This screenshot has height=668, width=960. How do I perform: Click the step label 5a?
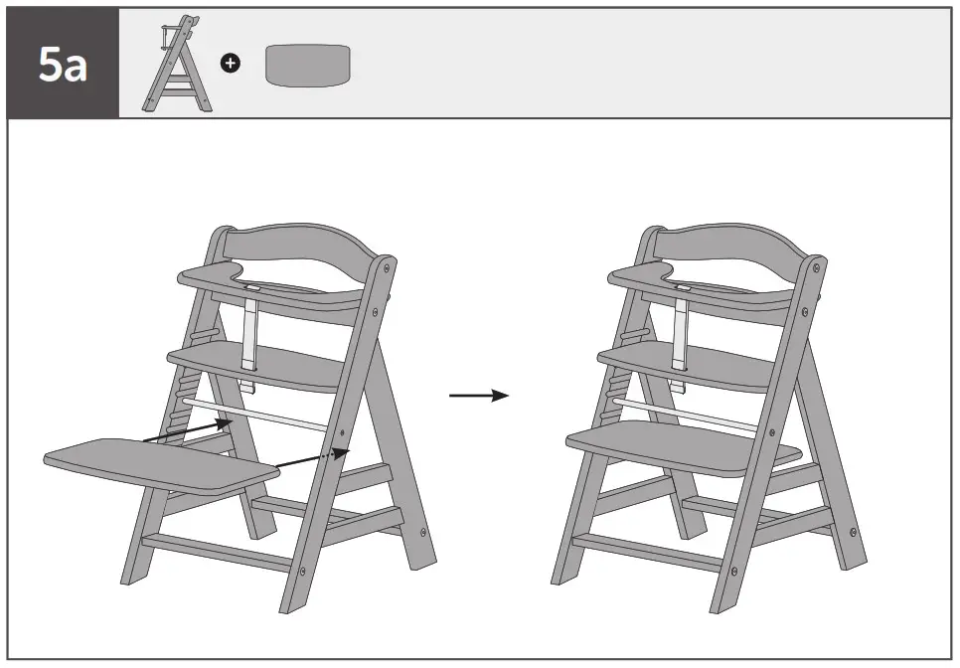tap(63, 64)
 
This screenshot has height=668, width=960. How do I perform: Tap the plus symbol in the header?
tap(230, 64)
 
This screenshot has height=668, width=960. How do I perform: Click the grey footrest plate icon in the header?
tap(308, 65)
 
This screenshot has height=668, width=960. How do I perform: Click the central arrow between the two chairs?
tap(478, 396)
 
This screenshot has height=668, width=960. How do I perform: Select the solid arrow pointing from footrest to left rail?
tap(189, 429)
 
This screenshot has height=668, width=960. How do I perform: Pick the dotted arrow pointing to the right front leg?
tap(312, 457)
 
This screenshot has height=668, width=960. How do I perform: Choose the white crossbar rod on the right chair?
tap(686, 411)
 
